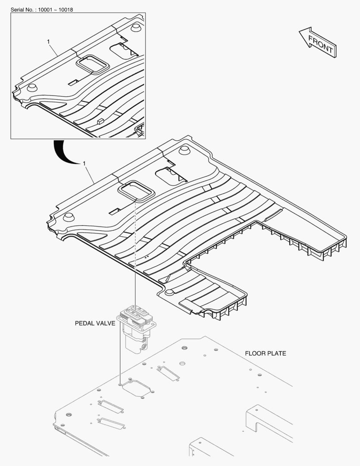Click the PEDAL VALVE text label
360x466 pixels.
pos(95,323)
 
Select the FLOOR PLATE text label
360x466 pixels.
pos(265,353)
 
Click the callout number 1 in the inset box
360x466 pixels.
pos(49,41)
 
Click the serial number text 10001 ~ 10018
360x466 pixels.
pos(56,9)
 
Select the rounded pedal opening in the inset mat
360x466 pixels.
pos(92,64)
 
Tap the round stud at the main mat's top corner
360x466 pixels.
pos(184,151)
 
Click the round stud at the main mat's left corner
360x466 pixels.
pos(68,217)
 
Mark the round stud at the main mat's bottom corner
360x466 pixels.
pos(169,293)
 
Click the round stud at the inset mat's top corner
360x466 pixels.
pos(135,28)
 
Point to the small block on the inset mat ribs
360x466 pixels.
pos(101,121)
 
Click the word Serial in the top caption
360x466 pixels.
pos(19,9)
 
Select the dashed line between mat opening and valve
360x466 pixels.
pos(135,250)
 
